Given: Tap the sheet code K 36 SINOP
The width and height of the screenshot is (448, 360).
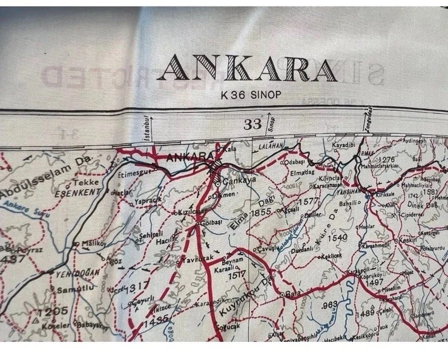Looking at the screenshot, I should pyautogui.click(x=248, y=94).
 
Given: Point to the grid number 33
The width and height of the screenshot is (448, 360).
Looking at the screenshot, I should pyautogui.click(x=252, y=125).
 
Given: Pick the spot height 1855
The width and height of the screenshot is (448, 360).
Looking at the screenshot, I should pyautogui.click(x=262, y=213).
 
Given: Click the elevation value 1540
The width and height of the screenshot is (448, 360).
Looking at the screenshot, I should pyautogui.click(x=337, y=237).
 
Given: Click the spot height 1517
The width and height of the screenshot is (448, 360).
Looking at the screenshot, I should pyautogui.click(x=237, y=273).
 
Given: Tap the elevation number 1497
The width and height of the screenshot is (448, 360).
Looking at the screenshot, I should pyautogui.click(x=375, y=283).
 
